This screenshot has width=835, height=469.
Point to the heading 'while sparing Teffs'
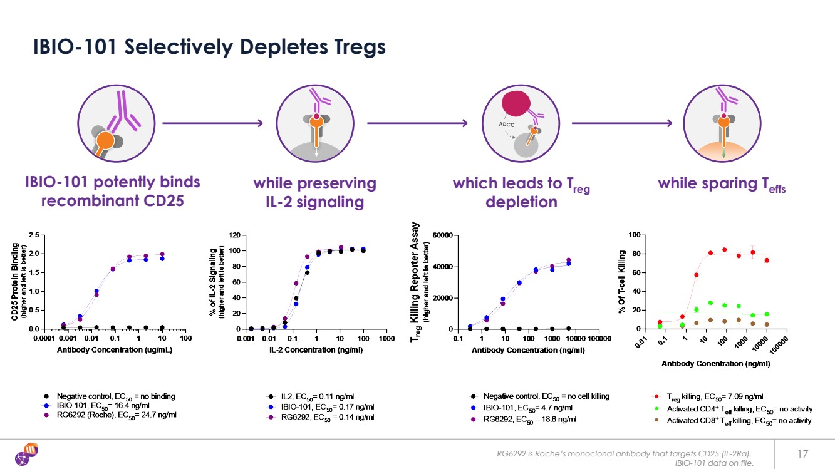point(722,184)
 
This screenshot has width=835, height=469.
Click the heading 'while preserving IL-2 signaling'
point(314,192)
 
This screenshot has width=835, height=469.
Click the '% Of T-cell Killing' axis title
point(623,282)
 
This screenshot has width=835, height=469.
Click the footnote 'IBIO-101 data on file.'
point(713,463)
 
